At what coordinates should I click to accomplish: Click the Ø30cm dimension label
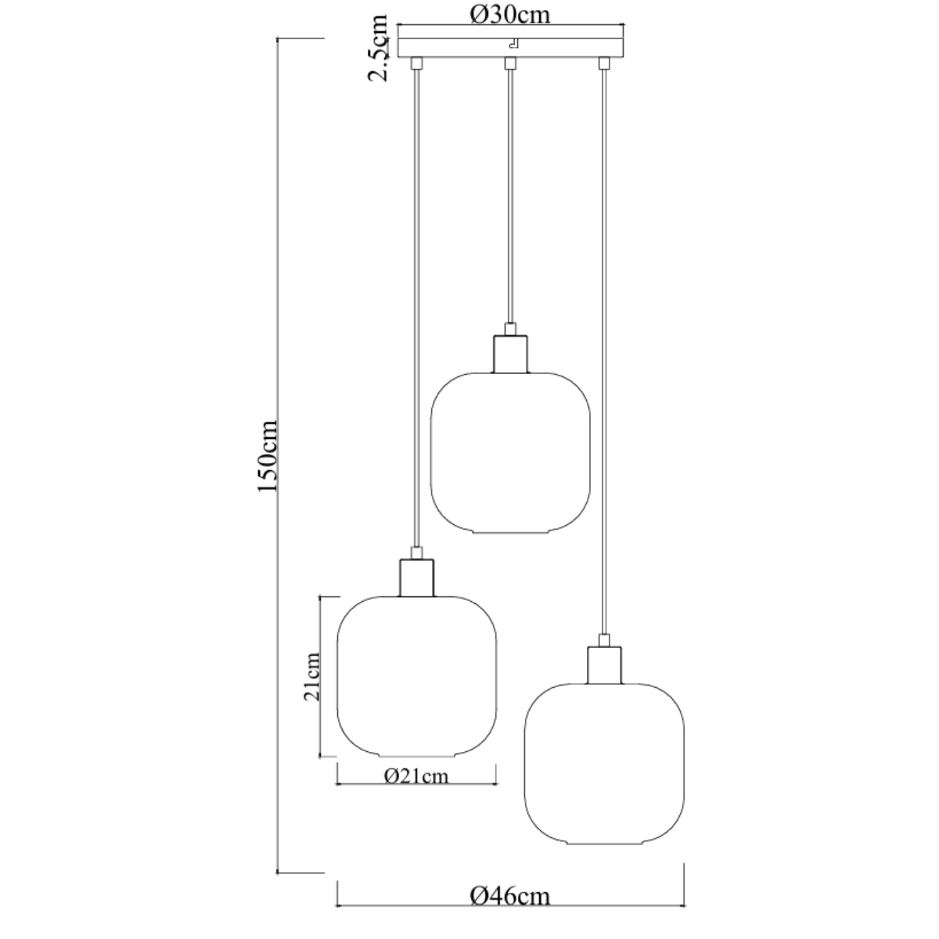pyautogui.click(x=510, y=15)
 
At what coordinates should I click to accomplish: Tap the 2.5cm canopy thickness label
pyautogui.click(x=380, y=48)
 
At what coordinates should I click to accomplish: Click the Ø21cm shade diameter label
pyautogui.click(x=416, y=775)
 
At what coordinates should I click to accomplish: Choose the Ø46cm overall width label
pyautogui.click(x=510, y=895)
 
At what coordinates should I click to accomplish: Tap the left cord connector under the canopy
pyautogui.click(x=416, y=63)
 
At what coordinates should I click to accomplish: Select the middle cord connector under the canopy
pyautogui.click(x=509, y=63)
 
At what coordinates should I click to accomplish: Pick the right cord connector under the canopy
pyautogui.click(x=603, y=63)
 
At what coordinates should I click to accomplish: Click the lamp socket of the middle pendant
pyautogui.click(x=510, y=353)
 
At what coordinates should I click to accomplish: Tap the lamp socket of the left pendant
pyautogui.click(x=416, y=577)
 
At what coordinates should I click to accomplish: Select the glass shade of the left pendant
pyautogui.click(x=416, y=677)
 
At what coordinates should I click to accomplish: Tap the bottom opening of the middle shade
pyautogui.click(x=510, y=533)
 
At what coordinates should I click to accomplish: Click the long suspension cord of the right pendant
pyautogui.click(x=603, y=352)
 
